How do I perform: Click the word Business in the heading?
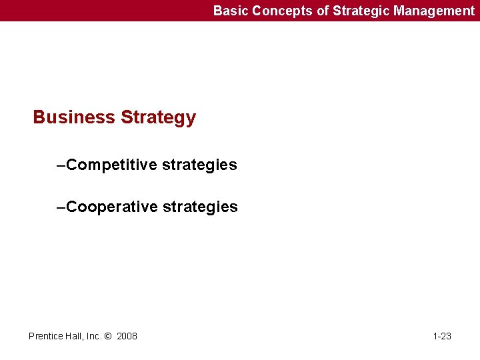[74, 117]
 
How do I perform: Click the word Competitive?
[112, 165]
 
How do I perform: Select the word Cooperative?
[112, 207]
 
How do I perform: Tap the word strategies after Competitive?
[199, 165]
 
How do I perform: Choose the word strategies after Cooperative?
[200, 207]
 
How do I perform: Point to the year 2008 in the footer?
[127, 336]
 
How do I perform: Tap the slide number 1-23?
[442, 336]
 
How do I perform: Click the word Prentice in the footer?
[46, 336]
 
